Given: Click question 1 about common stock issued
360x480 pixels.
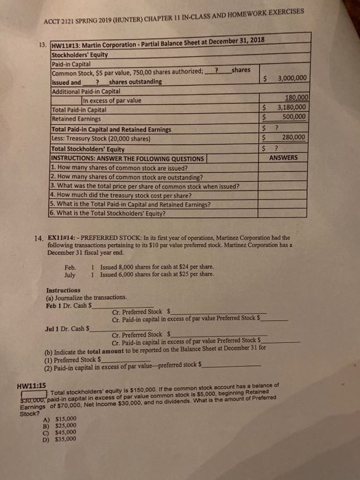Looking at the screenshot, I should pos(117,167).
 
